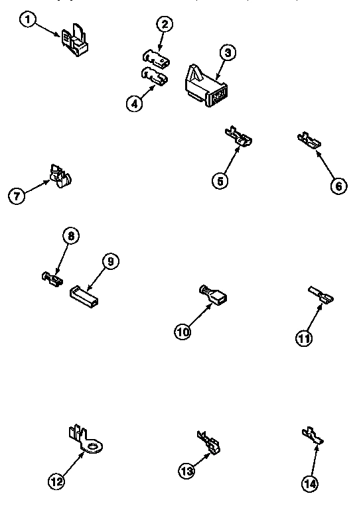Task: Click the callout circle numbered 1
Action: [x=27, y=21]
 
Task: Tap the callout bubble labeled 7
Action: [x=17, y=196]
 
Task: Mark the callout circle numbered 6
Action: [x=338, y=186]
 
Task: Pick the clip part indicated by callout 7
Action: [x=60, y=175]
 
